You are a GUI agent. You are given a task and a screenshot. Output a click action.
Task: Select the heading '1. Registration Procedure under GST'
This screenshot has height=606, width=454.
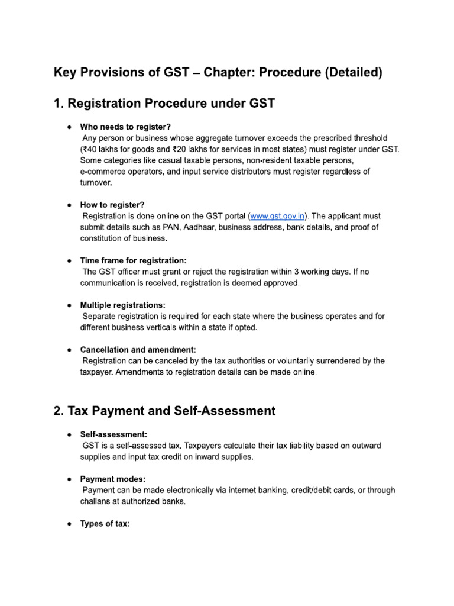[164, 104]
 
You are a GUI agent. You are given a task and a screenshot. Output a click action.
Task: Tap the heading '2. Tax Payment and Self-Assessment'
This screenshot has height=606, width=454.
[164, 411]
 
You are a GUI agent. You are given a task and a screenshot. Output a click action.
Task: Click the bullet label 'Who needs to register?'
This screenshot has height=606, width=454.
[117, 127]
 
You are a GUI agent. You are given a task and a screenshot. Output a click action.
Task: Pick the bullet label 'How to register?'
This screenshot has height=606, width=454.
[112, 205]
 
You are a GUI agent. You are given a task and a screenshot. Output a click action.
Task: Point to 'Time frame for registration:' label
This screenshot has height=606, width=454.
[134, 260]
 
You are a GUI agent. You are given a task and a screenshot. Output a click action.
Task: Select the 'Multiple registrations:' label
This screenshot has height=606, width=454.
[123, 305]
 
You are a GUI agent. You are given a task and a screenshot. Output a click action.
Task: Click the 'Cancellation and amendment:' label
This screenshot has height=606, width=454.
[138, 349]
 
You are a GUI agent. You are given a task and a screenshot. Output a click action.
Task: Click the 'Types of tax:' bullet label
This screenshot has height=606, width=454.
[105, 523]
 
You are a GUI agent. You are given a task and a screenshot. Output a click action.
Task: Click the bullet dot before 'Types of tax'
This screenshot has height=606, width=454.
[70, 524]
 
